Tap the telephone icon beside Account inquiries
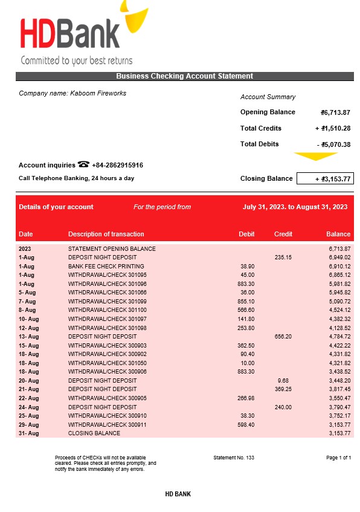pos(83,164)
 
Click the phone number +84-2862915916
pos(117,165)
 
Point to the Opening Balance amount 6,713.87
pos(336,112)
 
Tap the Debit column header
pos(246,234)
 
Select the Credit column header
pos(283,234)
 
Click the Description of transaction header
pos(106,234)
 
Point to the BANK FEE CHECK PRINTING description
pos(106,266)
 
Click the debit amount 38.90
pos(247,266)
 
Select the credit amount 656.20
pos(283,337)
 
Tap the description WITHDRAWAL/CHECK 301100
pos(107,310)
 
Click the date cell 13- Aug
pos(28,337)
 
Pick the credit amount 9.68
pos(283,381)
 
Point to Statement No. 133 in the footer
pos(234,458)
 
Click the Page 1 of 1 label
pos(338,458)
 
